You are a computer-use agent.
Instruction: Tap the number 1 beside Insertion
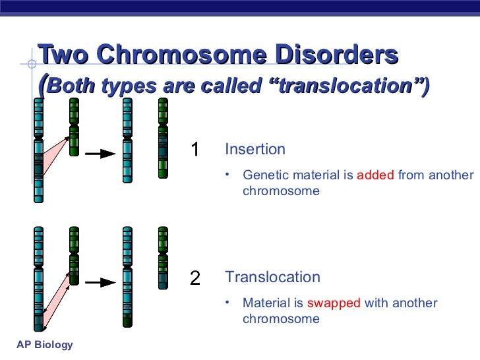point(195,150)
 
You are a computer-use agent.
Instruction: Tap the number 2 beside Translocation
point(195,278)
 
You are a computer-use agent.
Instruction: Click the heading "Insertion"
point(255,149)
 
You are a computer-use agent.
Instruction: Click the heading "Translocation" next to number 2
point(272,277)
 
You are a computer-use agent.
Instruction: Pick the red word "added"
point(375,175)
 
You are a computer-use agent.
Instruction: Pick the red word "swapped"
point(334,303)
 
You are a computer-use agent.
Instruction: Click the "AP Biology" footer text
point(44,345)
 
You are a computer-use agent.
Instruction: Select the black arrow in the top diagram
point(101,154)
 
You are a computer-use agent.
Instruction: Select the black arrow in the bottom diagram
point(101,282)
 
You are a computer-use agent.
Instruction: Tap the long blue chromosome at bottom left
point(39,277)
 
